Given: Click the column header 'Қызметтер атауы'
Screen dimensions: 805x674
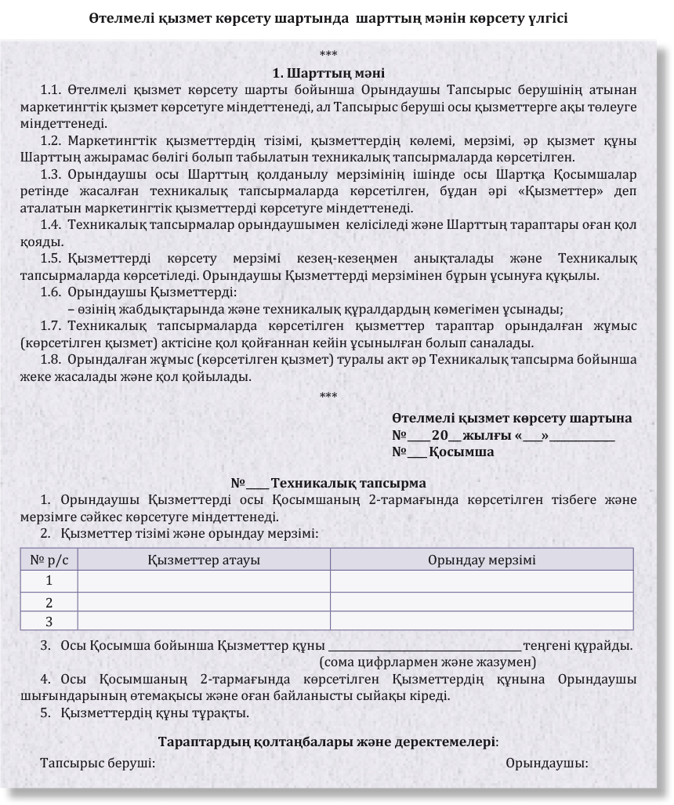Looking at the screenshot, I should (x=204, y=560).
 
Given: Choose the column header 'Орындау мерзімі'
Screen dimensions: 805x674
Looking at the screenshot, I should (x=482, y=560).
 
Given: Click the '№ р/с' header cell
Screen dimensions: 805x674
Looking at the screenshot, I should (x=49, y=560).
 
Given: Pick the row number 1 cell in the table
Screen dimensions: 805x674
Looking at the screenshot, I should (x=49, y=581).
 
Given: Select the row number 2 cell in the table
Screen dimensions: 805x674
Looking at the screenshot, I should (x=49, y=602).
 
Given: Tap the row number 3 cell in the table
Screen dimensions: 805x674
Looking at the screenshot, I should (x=49, y=622).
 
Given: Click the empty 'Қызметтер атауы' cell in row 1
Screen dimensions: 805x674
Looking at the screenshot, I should (x=204, y=581).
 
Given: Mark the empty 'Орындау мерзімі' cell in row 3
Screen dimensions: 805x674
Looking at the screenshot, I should (x=482, y=622).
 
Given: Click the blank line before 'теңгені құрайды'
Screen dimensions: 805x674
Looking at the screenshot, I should (x=425, y=647).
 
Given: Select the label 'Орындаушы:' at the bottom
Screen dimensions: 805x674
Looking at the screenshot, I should (x=547, y=763).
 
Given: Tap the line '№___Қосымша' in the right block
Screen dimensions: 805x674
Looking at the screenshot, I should (x=443, y=452).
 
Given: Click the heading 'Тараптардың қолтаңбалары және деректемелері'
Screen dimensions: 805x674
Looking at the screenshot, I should (x=328, y=742).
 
